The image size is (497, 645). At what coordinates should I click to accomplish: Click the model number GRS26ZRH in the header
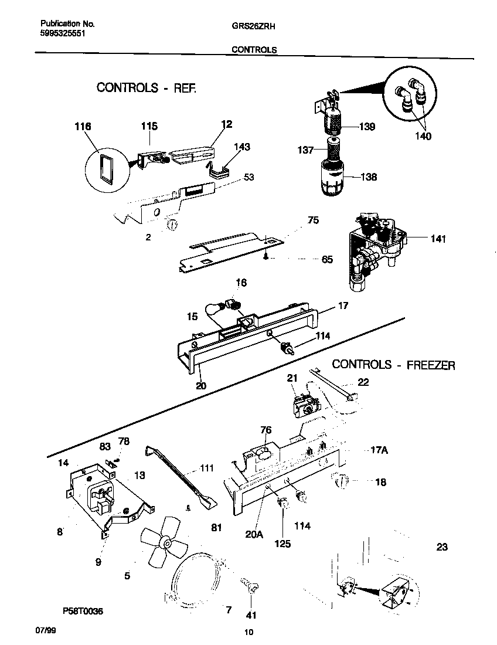250,26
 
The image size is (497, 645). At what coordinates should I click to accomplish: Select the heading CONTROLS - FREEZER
393,365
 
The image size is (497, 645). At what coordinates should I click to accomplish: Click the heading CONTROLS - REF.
147,88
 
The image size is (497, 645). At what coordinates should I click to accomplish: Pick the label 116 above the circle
83,126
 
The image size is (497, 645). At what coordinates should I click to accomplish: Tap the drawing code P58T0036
81,611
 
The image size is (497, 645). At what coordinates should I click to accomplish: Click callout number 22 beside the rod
363,382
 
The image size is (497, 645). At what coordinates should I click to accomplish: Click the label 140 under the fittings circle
423,136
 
